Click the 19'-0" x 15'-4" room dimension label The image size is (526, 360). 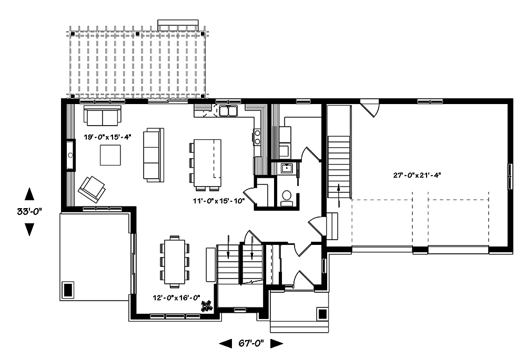tap(107, 137)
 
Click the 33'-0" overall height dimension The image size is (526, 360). tap(29, 211)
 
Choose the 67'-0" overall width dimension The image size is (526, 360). tap(251, 343)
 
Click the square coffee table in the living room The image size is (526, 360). tap(110, 154)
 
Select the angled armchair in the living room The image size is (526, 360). tap(91, 188)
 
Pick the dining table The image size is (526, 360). tap(175, 261)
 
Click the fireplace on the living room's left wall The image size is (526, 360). tap(70, 155)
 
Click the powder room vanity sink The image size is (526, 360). tap(287, 168)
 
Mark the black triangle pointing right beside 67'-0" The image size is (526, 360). tap(277, 343)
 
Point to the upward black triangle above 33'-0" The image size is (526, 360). tap(29, 193)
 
